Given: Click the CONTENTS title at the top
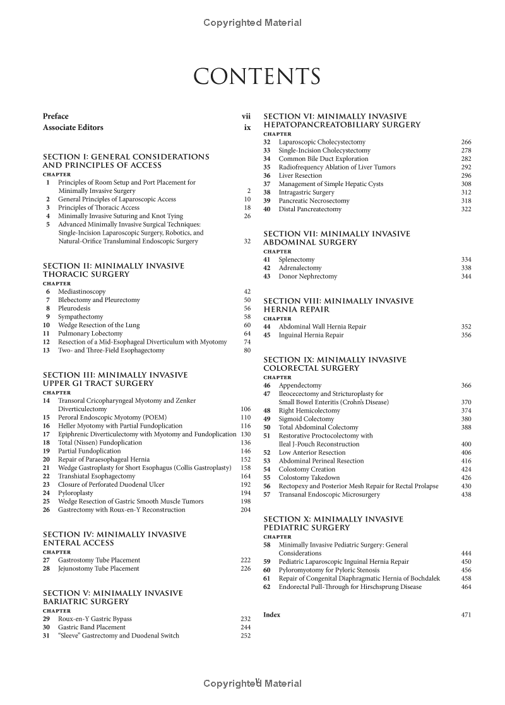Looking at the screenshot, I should (256, 77).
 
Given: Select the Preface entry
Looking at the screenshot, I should (56, 117).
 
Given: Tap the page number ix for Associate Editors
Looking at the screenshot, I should (247, 127).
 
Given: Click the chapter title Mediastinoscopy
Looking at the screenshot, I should (82, 292).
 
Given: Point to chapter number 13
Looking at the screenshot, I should (46, 351).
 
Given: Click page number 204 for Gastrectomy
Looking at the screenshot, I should (246, 510).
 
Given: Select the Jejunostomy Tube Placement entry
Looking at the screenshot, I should (98, 568).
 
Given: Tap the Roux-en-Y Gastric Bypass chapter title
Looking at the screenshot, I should (95, 619).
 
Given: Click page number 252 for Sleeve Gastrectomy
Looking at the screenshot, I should (246, 636).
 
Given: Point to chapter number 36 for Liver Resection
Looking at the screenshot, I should (266, 176).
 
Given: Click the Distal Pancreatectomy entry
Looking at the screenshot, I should (310, 209).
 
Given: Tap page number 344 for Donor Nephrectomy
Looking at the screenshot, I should (466, 276).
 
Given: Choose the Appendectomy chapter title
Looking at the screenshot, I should (300, 385).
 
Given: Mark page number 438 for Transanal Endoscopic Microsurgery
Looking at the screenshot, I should (466, 495).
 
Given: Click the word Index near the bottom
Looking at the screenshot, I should (271, 615).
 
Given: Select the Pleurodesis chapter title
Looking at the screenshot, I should (74, 308).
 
